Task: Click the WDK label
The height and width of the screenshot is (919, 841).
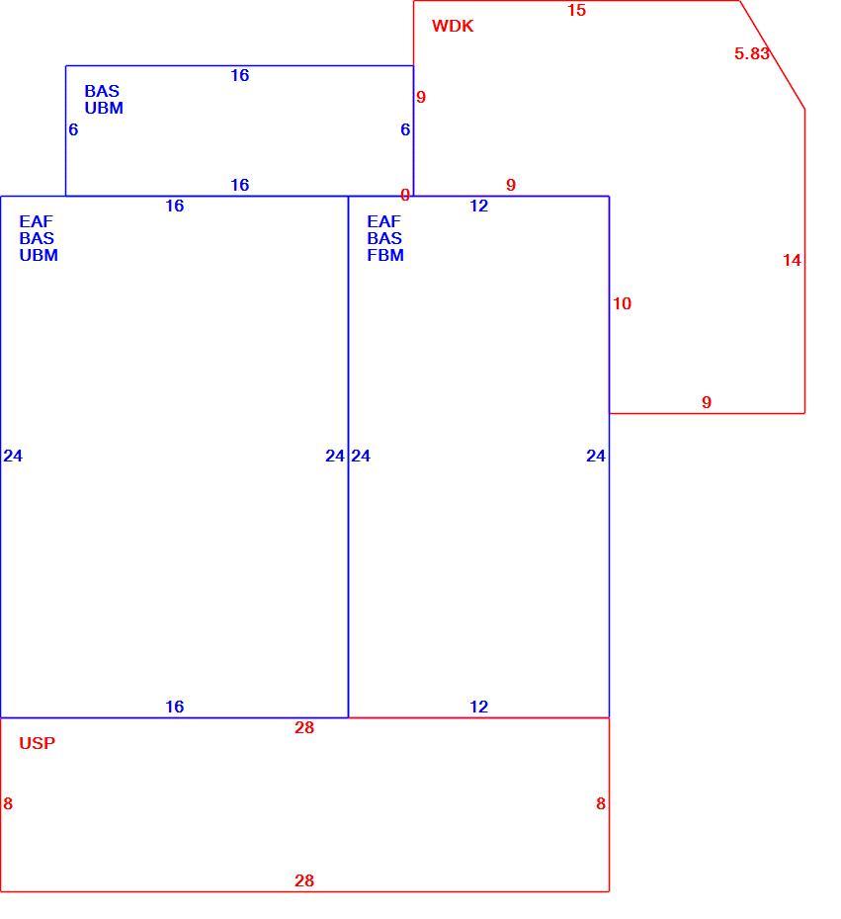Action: click(x=453, y=26)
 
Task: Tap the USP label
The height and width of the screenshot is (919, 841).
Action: click(x=37, y=743)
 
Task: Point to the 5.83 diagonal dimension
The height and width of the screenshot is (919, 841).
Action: click(x=751, y=53)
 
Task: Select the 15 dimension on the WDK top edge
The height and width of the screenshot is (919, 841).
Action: click(x=576, y=10)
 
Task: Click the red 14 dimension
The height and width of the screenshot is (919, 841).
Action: click(x=792, y=260)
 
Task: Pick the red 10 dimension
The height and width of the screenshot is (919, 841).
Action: click(x=622, y=303)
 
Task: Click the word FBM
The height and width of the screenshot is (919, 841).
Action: click(x=385, y=256)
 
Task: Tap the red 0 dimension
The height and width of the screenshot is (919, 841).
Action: click(x=405, y=196)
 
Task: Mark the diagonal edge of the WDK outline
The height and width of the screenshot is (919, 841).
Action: click(x=773, y=54)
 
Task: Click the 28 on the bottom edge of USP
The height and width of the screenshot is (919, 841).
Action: click(x=304, y=880)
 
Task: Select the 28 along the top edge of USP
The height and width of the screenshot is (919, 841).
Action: click(x=304, y=727)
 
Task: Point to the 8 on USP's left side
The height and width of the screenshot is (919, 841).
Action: click(x=8, y=803)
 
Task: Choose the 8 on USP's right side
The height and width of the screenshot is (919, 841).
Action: click(x=601, y=803)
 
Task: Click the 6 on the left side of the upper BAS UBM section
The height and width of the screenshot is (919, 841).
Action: click(x=73, y=129)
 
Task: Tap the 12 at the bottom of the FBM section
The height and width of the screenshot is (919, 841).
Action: click(x=479, y=707)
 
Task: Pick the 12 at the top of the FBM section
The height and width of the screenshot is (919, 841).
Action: click(x=479, y=206)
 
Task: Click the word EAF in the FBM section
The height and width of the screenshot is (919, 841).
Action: click(x=383, y=221)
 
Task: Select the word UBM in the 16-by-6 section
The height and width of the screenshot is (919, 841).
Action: click(x=104, y=109)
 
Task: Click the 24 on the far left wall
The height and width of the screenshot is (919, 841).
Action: click(x=13, y=456)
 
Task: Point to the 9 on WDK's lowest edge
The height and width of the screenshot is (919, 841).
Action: click(x=707, y=402)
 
